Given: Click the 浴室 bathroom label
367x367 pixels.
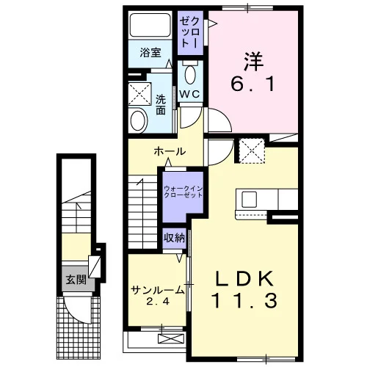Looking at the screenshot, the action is coord(150,53).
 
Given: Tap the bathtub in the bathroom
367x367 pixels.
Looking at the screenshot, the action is coord(150,25).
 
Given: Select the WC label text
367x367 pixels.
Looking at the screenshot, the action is coord(190,94).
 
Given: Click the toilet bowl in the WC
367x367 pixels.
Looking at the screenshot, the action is coord(190,74).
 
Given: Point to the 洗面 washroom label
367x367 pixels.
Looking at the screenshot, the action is coord(161,104).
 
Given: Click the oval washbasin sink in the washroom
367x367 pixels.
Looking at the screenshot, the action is coord(138,120).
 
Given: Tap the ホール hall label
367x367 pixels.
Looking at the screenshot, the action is coord(170,152).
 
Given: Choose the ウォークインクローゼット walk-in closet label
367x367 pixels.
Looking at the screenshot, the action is coord(183,192).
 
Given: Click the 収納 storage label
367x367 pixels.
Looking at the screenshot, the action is coord(175,238).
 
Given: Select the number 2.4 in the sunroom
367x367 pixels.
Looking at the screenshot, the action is coord(158,302).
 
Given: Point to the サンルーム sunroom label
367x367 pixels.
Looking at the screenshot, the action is coord(158,290).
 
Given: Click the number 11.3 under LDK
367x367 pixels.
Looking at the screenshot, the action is coord(245,301).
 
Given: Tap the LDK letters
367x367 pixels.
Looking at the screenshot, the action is coord(244,279).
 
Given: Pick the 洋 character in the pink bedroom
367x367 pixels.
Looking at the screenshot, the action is coord(253,62).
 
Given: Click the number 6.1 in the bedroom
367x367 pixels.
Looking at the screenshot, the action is coord(252,84).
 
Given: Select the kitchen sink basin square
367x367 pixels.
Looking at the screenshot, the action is coord(250,200).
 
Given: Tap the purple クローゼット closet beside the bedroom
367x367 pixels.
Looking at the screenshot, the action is coord(190,33).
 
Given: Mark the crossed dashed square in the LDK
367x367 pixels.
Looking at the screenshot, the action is coord(252,151).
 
